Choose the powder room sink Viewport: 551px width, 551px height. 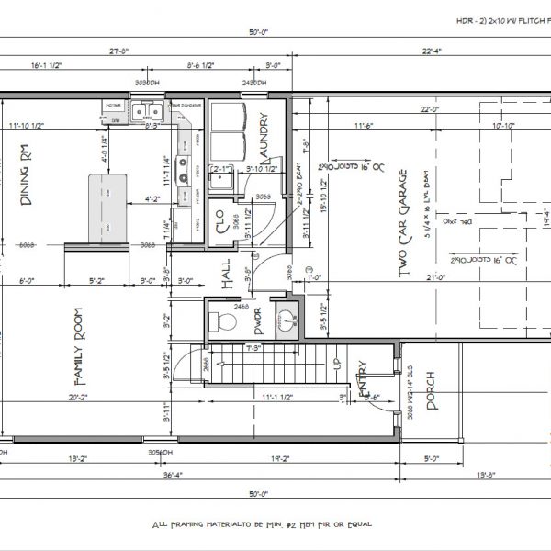point(287,321)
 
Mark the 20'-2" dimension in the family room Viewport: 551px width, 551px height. point(78,399)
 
